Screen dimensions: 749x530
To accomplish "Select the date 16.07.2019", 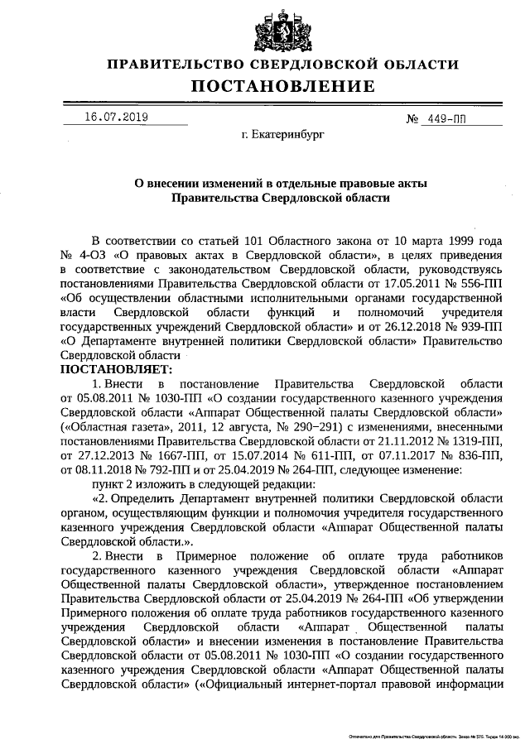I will click(x=116, y=118).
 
